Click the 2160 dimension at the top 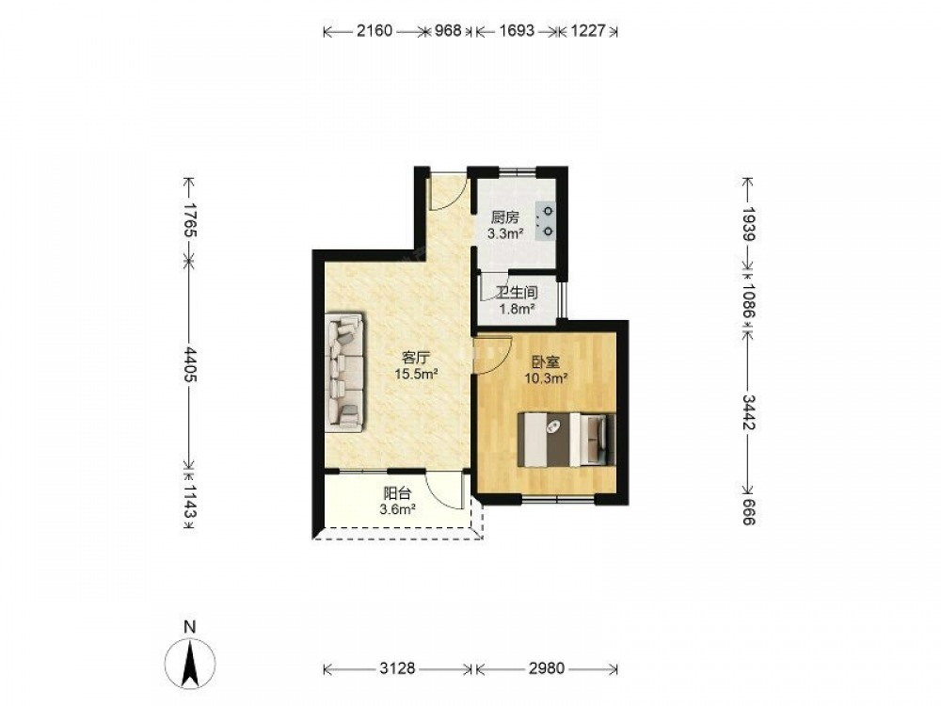coord(375,31)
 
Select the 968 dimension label coord(448,31)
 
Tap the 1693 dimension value coord(516,31)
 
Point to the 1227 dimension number coord(587,31)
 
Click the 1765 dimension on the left coord(189,219)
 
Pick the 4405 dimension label coord(189,363)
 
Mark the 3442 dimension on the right coord(748,412)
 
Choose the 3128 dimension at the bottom coord(397,668)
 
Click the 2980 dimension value coord(546,668)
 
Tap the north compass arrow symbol coord(190,664)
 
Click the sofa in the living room coord(344,372)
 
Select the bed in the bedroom coord(567,440)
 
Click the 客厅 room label coord(415,359)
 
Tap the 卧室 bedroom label coord(546,362)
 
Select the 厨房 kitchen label coord(504,217)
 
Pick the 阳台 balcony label coord(397,494)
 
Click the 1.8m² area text coord(518,310)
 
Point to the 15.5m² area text coord(415,375)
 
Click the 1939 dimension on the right coord(748,224)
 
